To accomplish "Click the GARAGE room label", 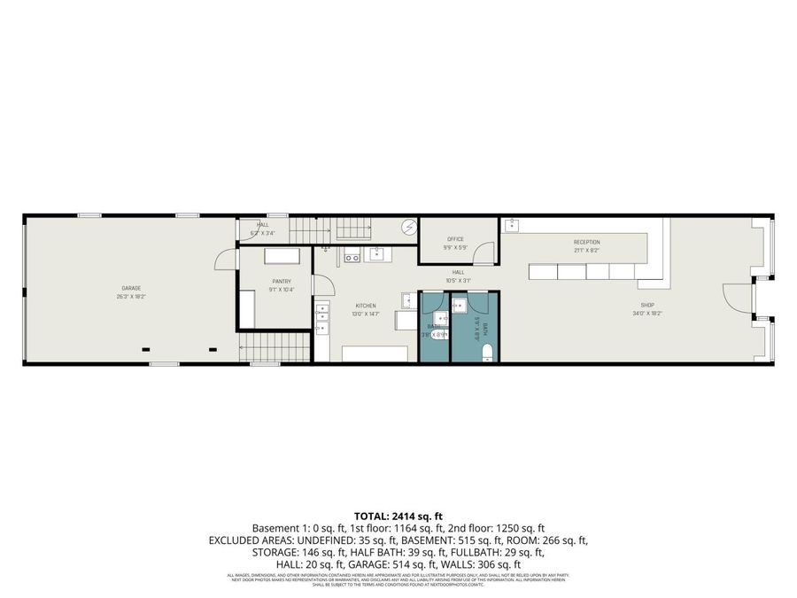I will point(131,288).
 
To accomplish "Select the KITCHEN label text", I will point(366,305).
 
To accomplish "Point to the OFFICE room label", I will point(455,239).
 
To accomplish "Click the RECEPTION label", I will point(586,242).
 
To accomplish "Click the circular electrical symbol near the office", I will point(408,228).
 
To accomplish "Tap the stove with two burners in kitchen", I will point(351,258).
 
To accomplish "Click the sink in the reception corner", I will point(512,226).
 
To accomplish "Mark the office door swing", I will point(485,253).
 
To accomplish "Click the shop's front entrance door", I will point(738,298).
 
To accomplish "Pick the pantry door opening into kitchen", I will point(323,285).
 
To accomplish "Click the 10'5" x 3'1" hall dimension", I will point(458,280).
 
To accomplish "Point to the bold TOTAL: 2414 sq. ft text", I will point(398,516).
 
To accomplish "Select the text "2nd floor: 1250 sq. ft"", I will point(496,527).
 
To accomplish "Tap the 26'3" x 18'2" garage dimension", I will point(131,298).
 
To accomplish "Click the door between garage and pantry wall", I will point(225,258).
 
